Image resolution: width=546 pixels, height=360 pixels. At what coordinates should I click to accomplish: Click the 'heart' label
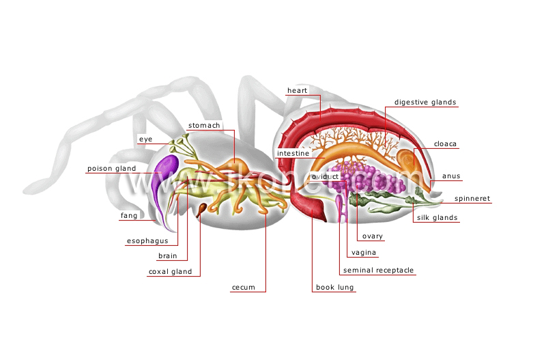297,91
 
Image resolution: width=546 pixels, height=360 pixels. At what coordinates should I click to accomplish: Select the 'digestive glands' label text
425,102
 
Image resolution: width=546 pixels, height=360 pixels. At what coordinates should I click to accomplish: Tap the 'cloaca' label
445,144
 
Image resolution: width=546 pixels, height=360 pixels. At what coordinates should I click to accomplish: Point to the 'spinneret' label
472,199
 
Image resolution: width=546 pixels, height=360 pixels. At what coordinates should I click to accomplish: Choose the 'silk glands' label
437,218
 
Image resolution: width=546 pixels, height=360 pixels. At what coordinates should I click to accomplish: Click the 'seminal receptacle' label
378,271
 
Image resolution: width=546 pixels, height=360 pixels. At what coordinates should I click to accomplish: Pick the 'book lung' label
334,288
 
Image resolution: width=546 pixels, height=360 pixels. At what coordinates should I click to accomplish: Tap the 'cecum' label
244,288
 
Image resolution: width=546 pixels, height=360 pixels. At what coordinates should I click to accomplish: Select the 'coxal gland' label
170,272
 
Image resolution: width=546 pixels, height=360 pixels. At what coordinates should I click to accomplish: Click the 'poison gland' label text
111,169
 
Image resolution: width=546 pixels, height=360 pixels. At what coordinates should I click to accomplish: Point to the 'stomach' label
204,126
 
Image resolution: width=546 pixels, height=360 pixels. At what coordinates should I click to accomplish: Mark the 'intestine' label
293,153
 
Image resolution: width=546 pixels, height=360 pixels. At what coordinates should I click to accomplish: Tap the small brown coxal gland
201,210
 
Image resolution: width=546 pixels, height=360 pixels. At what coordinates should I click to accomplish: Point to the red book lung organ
308,206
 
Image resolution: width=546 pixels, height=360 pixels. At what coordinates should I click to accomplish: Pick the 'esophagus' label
147,241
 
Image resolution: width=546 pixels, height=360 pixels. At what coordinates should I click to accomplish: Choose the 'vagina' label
364,253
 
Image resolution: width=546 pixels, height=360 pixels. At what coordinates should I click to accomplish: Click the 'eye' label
145,139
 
